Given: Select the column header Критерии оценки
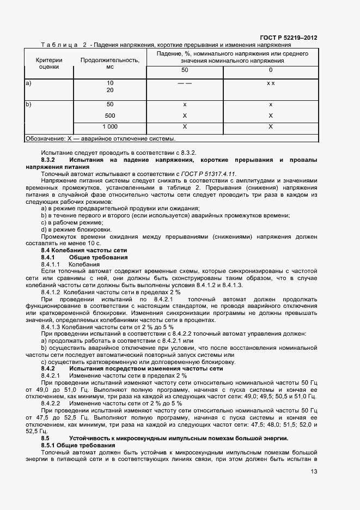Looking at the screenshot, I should (49, 63).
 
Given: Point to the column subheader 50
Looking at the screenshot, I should (185, 70).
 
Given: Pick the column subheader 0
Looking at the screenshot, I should (271, 70).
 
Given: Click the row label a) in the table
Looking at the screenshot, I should (29, 83).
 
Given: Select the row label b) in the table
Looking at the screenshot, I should (29, 104).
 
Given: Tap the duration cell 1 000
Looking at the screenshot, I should (110, 126).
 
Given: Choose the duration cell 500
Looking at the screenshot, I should (110, 116).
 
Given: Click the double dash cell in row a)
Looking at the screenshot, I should (185, 83).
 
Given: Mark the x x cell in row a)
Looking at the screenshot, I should (271, 83).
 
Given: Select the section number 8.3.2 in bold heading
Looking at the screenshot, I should (48, 160).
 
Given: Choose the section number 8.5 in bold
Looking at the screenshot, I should (46, 438).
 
